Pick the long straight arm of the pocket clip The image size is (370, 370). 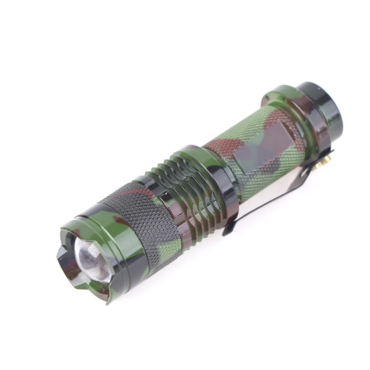pyautogui.click(x=268, y=194)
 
